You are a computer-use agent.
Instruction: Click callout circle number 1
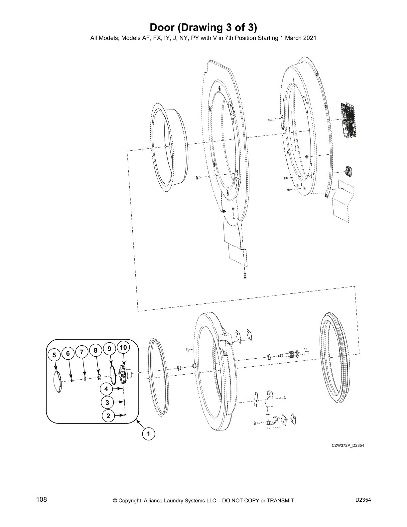coord(148,434)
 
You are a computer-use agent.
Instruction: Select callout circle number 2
coord(108,416)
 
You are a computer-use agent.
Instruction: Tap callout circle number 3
coord(107,402)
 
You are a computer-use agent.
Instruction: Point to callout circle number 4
coord(106,389)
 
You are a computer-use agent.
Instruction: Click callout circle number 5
coord(54,355)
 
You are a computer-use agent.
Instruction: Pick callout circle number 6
coord(68,353)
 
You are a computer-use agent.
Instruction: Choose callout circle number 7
coord(82,352)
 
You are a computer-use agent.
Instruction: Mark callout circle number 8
coord(95,350)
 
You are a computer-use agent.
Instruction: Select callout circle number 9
coord(109,348)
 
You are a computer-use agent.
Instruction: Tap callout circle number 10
coord(123,347)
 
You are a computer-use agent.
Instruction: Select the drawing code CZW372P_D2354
coord(348,445)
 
